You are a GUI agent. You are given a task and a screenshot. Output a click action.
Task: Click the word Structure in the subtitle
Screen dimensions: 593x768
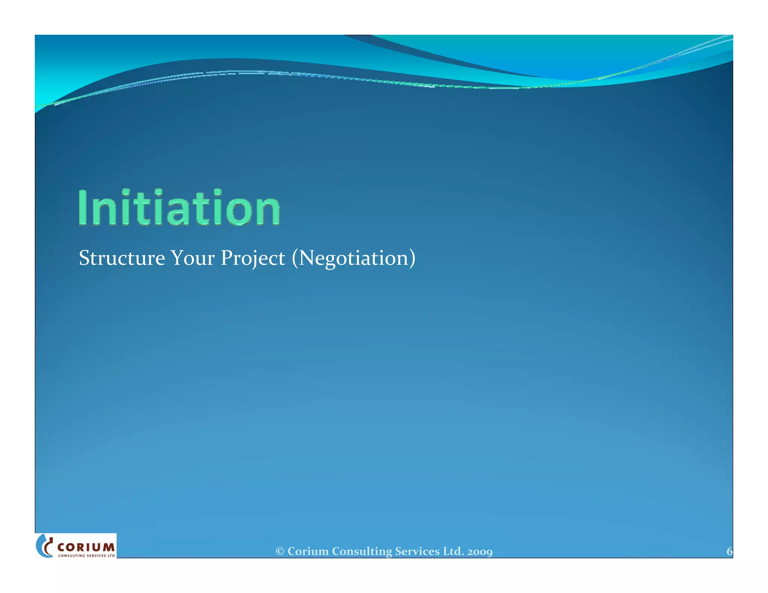[x=122, y=258]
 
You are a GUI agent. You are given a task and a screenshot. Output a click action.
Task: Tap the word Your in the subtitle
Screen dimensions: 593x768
[x=193, y=258]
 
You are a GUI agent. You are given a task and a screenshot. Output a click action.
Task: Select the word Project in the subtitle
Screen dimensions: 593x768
[x=253, y=259]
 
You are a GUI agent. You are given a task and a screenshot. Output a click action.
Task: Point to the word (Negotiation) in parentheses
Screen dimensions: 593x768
[x=354, y=259]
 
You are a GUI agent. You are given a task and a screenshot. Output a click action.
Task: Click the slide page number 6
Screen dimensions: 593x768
[x=729, y=551]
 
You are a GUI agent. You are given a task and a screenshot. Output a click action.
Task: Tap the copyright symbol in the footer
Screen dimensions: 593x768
[x=280, y=551]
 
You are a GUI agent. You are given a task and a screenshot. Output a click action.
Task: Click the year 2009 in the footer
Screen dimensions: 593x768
[x=480, y=552]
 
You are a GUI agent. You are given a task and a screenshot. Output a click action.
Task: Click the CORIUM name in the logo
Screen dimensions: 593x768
[x=86, y=547]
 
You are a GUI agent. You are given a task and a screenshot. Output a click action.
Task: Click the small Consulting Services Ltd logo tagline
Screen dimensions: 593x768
[x=86, y=556]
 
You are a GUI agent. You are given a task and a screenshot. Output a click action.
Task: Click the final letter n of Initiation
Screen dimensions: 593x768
[x=269, y=212]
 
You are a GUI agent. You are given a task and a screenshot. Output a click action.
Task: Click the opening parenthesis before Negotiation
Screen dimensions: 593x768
[x=295, y=259]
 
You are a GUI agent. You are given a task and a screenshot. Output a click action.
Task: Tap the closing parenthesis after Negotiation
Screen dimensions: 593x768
[x=412, y=259]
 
